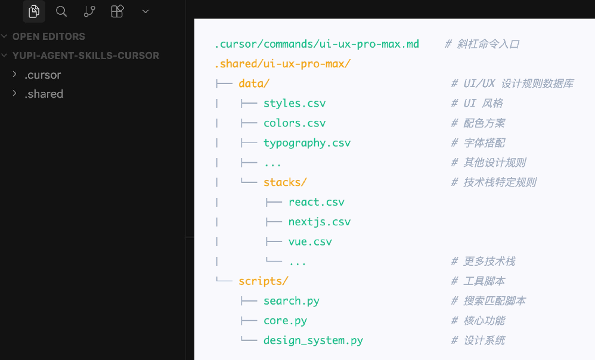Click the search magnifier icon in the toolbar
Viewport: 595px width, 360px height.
61,11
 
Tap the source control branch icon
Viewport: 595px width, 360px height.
89,11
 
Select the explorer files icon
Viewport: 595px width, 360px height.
34,11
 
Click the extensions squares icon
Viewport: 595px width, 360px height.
117,11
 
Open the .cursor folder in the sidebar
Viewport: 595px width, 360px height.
42,75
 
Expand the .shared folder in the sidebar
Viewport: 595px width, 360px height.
44,94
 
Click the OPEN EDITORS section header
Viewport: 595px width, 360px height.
48,36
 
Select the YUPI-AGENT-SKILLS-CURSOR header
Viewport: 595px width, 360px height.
86,55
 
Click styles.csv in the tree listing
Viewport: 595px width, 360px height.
295,103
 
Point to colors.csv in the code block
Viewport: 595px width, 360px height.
295,123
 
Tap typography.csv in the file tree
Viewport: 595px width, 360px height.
307,143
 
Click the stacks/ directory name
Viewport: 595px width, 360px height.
285,182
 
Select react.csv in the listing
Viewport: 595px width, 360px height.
317,202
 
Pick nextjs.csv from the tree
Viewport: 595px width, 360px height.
320,222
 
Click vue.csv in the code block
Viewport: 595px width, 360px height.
310,241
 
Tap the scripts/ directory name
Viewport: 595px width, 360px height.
264,281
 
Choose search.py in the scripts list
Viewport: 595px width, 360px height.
292,301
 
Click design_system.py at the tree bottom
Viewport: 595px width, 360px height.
313,340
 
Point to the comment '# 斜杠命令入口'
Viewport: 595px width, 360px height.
482,44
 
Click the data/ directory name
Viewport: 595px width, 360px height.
254,83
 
